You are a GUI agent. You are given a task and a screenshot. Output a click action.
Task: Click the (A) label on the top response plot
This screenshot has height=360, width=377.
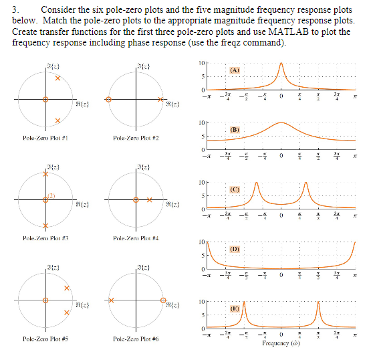tap(235, 70)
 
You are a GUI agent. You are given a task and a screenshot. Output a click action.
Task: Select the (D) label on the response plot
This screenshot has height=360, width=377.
tap(235, 249)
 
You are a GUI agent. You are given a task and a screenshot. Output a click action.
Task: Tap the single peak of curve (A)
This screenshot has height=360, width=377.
tap(281, 64)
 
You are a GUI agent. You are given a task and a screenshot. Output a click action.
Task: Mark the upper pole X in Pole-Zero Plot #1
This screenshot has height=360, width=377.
tap(58, 79)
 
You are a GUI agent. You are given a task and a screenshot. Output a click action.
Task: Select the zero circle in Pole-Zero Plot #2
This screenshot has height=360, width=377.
tap(111, 99)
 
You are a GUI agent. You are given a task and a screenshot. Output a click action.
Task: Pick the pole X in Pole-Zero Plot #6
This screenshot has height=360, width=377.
tap(112, 300)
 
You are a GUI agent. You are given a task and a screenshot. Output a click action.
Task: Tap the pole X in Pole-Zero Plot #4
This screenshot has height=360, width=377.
tap(150, 199)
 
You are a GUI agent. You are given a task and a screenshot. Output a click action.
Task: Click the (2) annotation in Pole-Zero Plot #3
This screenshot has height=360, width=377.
tap(50, 195)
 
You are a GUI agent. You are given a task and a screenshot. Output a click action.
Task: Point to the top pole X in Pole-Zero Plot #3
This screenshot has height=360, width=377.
tap(45, 174)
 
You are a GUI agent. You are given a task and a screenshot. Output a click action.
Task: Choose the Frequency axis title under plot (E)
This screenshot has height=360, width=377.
tap(281, 343)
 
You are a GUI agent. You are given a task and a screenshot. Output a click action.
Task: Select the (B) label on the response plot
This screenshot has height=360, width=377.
tap(235, 129)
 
